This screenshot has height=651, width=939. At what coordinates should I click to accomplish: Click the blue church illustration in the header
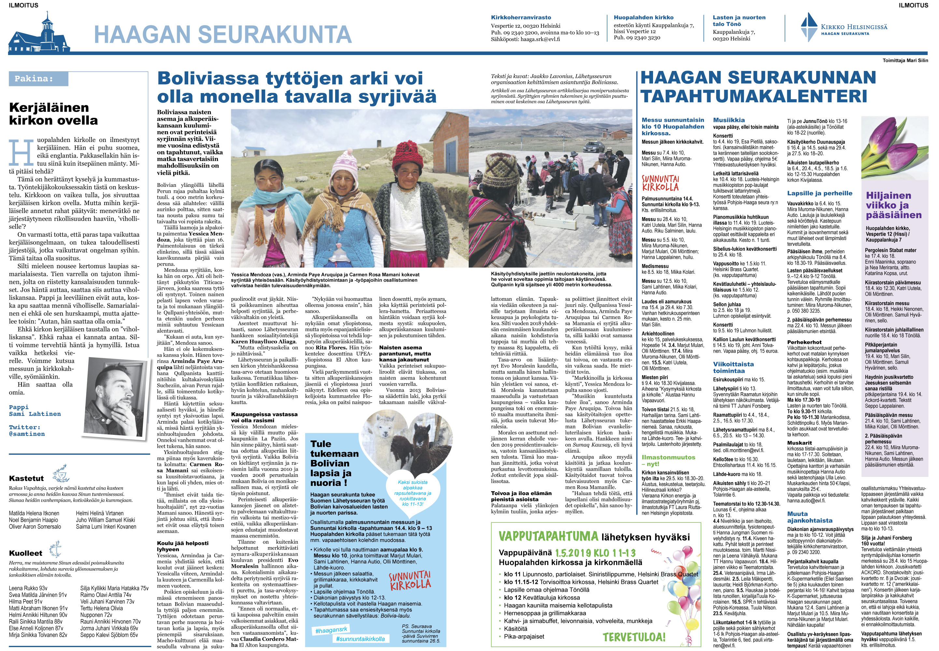[x=40, y=34]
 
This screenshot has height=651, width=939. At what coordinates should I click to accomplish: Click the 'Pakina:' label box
[x=38, y=79]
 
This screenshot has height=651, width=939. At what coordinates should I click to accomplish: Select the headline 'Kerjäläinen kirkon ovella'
[x=53, y=114]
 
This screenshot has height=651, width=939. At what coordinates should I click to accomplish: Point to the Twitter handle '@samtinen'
[x=27, y=434]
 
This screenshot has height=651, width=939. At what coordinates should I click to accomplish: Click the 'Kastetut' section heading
[x=26, y=478]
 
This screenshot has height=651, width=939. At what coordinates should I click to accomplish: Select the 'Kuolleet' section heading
[x=25, y=553]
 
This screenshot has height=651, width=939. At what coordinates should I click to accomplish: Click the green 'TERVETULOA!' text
[x=634, y=637]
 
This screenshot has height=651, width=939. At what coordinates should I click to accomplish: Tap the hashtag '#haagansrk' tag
[x=331, y=630]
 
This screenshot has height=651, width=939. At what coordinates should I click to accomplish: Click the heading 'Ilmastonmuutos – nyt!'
[x=668, y=460]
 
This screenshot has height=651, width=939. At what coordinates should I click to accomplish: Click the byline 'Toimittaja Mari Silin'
[x=905, y=60]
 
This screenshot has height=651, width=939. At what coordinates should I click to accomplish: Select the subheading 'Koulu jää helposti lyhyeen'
[x=182, y=546]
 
